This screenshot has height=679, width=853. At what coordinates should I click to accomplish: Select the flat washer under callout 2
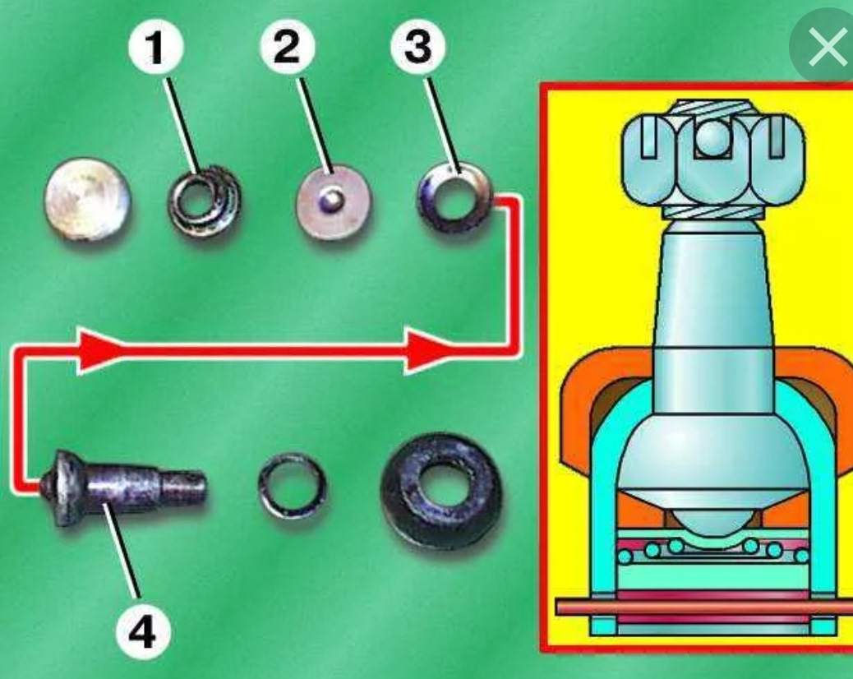click(333, 201)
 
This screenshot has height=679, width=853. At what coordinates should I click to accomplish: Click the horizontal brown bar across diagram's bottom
click(707, 607)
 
